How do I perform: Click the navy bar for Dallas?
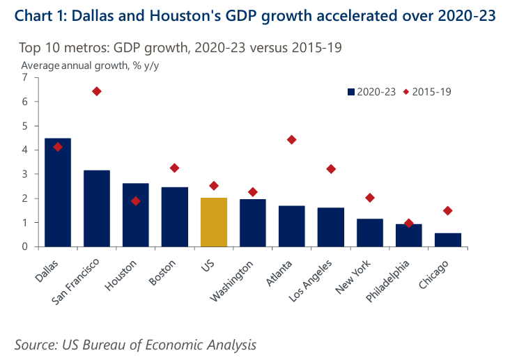pos(57,193)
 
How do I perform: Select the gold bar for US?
pos(213,222)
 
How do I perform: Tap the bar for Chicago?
pos(447,240)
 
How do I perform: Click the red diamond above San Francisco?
pos(96,91)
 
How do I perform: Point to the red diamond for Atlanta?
pos(291,140)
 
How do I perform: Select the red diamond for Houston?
pos(136,201)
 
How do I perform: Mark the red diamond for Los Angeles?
pos(331,169)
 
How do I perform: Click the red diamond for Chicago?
pos(447,211)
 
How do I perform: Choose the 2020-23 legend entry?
pos(373,92)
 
